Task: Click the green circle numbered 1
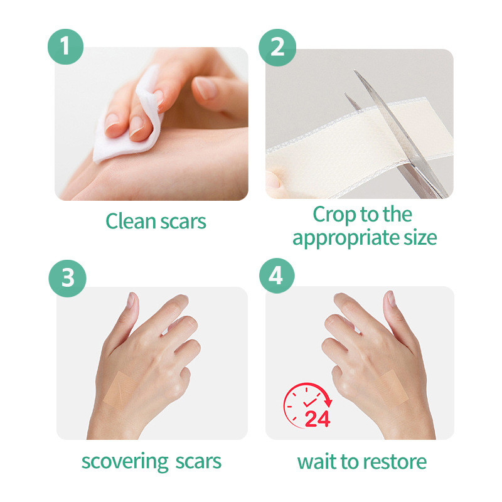coord(66,46)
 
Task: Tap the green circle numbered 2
coord(277,48)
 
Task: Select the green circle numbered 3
coord(68,278)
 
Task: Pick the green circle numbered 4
coord(277,275)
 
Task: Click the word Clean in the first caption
coord(131,221)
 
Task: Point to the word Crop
coord(334,215)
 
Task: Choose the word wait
coord(317,462)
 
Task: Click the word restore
coord(395,462)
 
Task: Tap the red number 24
coord(318,419)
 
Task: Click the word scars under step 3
coord(198,462)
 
